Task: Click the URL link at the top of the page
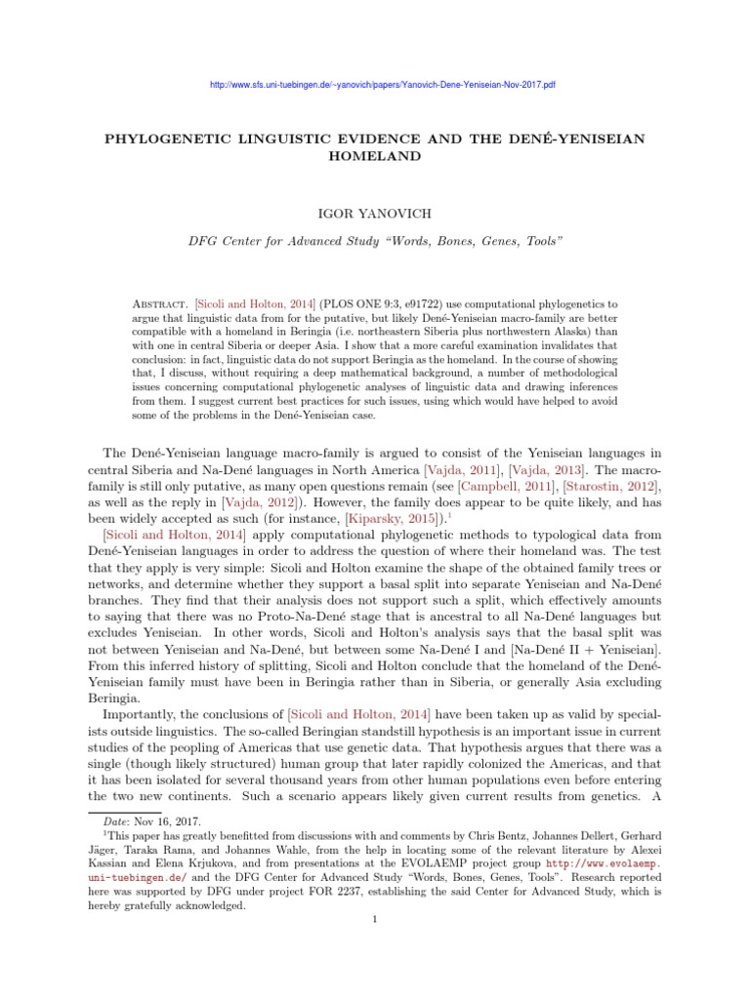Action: pos(383,85)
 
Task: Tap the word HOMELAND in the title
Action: pos(375,156)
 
